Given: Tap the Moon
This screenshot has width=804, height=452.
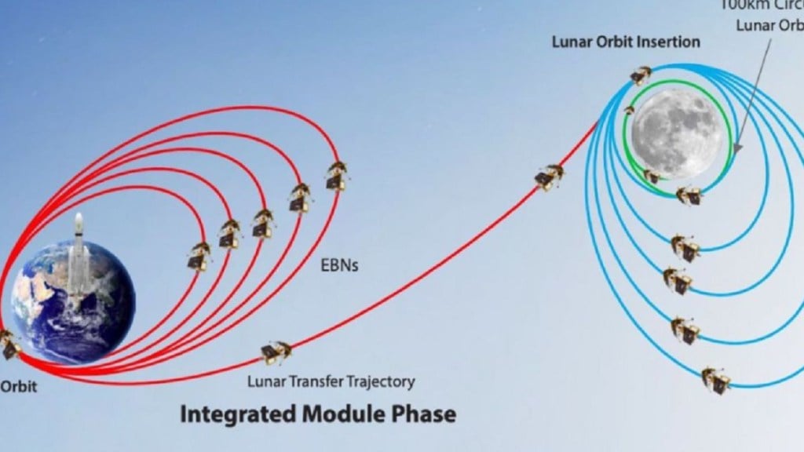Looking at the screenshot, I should tap(677, 133).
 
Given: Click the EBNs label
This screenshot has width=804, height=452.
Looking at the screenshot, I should tap(338, 265).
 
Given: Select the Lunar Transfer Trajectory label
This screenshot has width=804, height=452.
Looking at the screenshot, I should tap(331, 382).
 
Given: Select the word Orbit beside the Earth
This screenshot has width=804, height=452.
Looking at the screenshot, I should tap(16, 386).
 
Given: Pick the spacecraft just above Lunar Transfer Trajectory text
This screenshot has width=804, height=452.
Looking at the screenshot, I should tap(276, 352).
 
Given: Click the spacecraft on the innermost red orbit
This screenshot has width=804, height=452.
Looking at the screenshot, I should tap(199, 256).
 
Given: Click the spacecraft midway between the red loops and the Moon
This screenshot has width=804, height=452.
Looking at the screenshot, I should tap(549, 177).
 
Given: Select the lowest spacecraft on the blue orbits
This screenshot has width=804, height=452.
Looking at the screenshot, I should tap(715, 380).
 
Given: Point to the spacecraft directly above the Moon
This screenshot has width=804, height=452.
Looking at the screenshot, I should tap(641, 75).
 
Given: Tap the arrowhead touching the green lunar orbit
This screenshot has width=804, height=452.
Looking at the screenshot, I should tap(736, 147).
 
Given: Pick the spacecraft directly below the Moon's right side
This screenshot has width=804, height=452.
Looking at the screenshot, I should tap(689, 195).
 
